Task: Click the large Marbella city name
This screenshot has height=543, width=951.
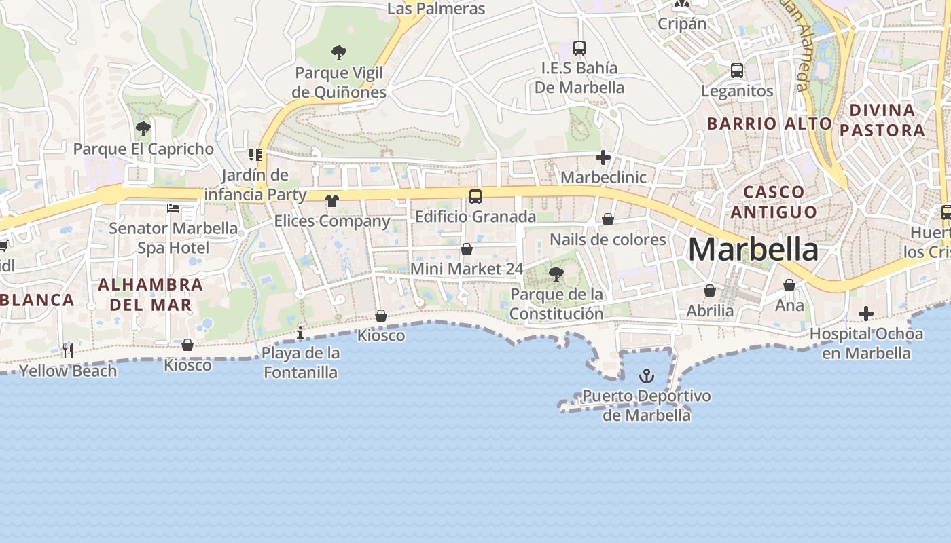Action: [753, 250]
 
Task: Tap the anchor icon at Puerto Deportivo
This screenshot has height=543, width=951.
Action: [647, 375]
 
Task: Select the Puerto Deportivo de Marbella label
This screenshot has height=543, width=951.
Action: [646, 405]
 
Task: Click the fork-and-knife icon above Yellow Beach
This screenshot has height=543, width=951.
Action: [68, 350]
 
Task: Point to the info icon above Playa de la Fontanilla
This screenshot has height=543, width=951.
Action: [300, 333]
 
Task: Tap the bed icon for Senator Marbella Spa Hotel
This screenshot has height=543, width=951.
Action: [173, 208]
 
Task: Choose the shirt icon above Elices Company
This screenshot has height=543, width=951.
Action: [331, 201]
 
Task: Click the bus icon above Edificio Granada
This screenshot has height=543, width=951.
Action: [475, 197]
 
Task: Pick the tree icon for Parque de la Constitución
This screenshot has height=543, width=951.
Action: [556, 274]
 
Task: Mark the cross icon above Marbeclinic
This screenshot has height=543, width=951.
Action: [603, 158]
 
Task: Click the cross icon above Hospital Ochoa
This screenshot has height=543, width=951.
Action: [865, 314]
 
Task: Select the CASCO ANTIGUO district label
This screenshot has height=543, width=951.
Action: [773, 202]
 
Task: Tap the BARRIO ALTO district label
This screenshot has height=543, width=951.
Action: [769, 124]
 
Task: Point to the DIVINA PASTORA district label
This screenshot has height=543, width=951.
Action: [882, 120]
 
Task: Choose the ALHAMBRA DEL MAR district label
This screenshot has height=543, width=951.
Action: [150, 294]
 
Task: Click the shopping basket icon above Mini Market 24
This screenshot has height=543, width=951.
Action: [467, 249]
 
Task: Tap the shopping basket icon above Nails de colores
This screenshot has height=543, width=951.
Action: [608, 219]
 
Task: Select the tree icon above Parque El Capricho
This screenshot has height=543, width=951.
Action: [143, 128]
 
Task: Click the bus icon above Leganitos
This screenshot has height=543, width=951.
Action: [736, 71]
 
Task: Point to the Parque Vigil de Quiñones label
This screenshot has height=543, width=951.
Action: [339, 82]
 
